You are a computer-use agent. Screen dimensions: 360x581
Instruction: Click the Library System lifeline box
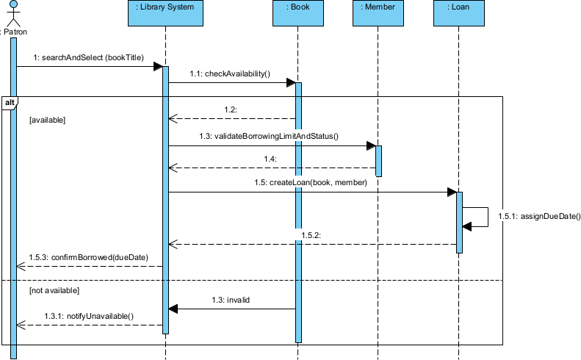click(165, 12)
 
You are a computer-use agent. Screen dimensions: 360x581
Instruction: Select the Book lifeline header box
click(298, 12)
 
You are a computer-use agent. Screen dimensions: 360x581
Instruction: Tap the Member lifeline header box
click(378, 12)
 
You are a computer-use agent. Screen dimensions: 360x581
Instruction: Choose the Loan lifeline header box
click(459, 12)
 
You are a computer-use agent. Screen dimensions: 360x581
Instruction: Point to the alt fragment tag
click(10, 102)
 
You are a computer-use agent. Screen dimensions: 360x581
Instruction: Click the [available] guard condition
click(47, 119)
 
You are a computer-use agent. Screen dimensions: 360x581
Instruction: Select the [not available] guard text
click(54, 291)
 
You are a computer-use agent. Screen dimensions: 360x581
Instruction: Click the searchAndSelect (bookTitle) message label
click(88, 57)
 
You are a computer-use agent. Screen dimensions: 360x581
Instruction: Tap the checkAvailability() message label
click(230, 73)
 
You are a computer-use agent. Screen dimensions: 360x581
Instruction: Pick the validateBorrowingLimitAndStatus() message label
click(268, 136)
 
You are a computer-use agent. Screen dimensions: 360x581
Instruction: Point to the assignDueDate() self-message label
click(538, 217)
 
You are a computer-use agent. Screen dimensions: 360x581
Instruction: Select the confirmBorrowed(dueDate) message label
click(88, 257)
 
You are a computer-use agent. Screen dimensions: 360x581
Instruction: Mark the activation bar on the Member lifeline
click(378, 161)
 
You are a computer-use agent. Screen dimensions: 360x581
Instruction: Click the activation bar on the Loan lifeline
click(459, 222)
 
